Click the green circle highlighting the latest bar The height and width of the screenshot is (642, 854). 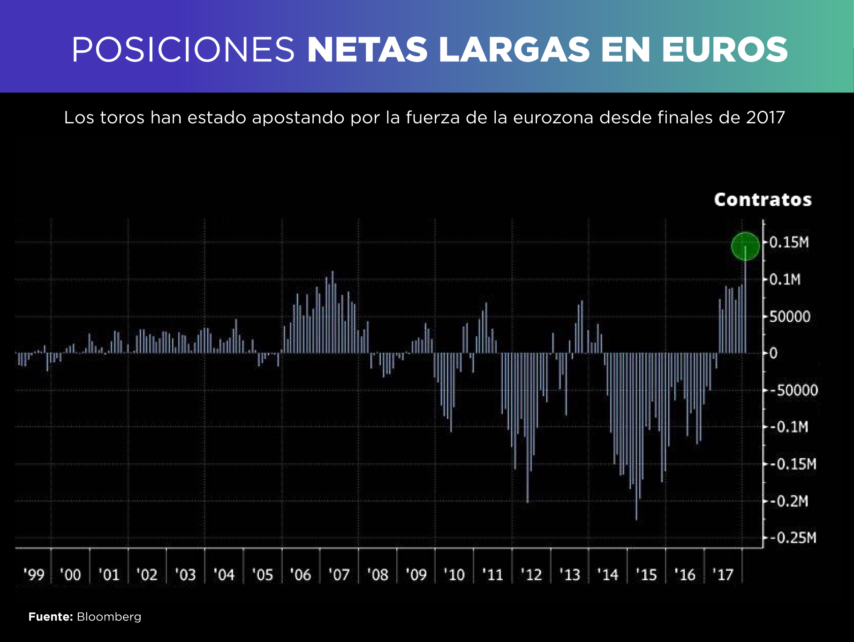[745, 246]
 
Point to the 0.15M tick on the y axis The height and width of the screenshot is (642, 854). [789, 242]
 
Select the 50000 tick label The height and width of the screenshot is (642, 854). [790, 317]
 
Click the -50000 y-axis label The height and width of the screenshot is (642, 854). [794, 390]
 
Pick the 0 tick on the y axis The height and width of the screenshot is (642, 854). [774, 353]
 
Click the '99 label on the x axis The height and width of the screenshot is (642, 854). [34, 574]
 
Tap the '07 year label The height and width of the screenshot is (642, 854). [339, 574]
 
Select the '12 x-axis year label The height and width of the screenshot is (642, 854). [531, 574]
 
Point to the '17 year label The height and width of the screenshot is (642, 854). [723, 574]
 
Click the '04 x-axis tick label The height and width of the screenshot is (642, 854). [224, 574]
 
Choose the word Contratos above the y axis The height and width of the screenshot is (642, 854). [763, 200]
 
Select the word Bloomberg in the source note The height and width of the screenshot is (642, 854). [109, 617]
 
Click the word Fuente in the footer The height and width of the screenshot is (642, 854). [50, 617]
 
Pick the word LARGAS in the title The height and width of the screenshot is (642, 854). [514, 50]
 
